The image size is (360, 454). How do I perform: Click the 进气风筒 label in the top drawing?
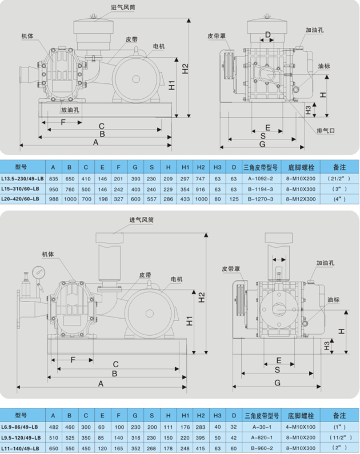(123, 7)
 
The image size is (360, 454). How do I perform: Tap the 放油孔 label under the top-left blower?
(70, 110)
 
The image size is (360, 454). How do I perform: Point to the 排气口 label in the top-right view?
(326, 131)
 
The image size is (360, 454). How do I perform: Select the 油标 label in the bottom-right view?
(333, 300)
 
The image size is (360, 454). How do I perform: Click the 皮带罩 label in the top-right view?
(217, 36)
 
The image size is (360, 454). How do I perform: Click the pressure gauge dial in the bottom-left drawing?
(38, 272)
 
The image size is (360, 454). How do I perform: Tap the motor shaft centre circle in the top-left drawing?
(136, 79)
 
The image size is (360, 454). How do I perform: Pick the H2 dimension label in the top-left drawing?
(185, 69)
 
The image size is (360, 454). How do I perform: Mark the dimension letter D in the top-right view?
(267, 35)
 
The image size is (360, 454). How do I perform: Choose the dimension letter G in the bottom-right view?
(278, 383)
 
